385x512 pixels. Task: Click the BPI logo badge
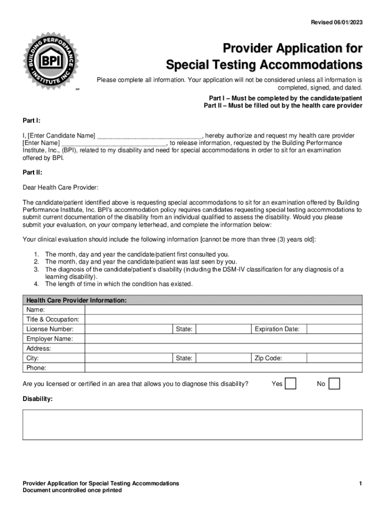[x=49, y=60]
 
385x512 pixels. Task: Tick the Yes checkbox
[x=290, y=383]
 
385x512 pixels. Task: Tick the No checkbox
[x=334, y=383]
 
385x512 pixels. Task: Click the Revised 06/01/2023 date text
[x=336, y=22]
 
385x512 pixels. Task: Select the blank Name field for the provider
[x=223, y=310]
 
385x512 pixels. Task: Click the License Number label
[x=50, y=329]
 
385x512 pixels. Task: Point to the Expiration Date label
[x=277, y=329]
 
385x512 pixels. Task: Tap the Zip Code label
[x=268, y=358]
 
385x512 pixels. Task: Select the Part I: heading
[x=31, y=120]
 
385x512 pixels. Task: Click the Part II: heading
[x=32, y=172]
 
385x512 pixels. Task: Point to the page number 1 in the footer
[x=360, y=483]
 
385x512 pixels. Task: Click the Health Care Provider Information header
[x=76, y=300]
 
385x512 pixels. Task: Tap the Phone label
[x=36, y=368]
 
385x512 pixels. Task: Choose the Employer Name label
[x=49, y=339]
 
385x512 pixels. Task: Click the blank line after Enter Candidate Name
[x=149, y=136]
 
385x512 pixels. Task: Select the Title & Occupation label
[x=52, y=319]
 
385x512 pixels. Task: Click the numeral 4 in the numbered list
[x=36, y=284]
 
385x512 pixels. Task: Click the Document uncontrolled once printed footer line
[x=72, y=490]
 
